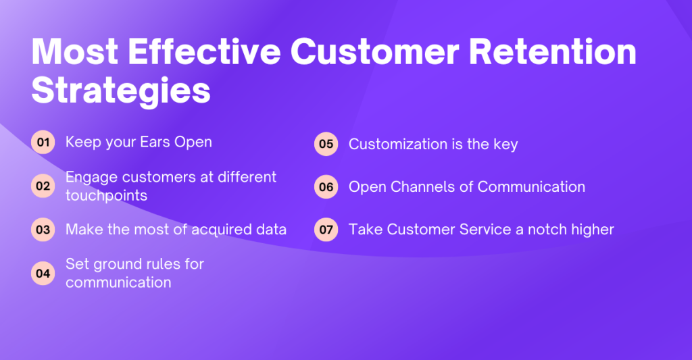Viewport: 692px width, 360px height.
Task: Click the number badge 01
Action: (43, 142)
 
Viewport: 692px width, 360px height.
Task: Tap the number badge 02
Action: (43, 186)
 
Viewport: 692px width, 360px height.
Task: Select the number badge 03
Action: (43, 230)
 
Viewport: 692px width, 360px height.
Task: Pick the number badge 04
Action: (43, 273)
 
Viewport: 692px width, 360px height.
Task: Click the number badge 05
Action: (326, 144)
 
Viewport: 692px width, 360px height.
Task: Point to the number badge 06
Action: (326, 186)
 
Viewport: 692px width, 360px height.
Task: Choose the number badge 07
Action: (326, 230)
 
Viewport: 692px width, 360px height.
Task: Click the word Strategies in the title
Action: (121, 91)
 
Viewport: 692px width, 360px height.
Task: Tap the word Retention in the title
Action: (553, 51)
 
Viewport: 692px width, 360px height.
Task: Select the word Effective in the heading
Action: (204, 51)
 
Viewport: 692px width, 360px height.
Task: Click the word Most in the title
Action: (75, 51)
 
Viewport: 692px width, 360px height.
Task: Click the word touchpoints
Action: (106, 195)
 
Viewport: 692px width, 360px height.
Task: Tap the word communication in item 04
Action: (118, 282)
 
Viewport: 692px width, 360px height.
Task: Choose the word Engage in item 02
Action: (92, 178)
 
